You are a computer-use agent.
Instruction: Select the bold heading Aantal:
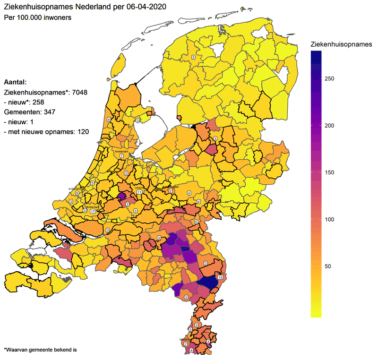click(x=15, y=82)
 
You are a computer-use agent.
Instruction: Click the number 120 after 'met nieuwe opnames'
click(x=83, y=131)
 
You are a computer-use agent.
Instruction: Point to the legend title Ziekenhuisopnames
click(x=341, y=44)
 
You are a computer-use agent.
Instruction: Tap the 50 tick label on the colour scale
click(x=327, y=266)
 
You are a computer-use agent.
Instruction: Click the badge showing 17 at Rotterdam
click(x=93, y=211)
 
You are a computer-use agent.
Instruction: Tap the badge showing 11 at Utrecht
click(x=139, y=193)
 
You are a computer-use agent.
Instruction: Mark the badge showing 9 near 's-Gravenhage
click(x=77, y=193)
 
